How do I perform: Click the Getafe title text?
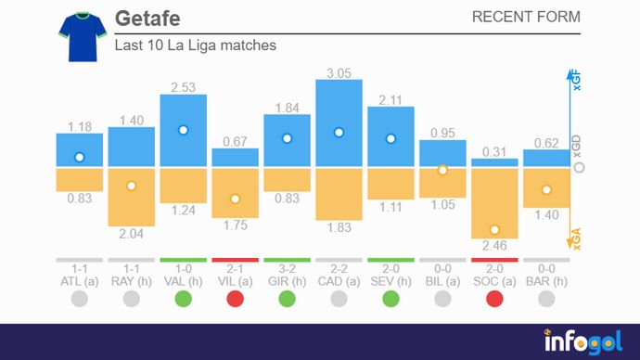[147, 19]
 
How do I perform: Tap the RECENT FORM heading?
[526, 18]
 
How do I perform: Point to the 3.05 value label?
[339, 72]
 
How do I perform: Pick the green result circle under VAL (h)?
[184, 299]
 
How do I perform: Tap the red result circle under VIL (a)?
[236, 299]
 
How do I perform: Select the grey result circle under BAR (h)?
[546, 299]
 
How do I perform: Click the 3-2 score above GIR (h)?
[287, 268]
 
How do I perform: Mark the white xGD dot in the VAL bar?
[184, 131]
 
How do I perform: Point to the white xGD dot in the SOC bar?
[494, 229]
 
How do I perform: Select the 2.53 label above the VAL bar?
[184, 87]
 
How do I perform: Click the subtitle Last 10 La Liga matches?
[195, 45]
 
